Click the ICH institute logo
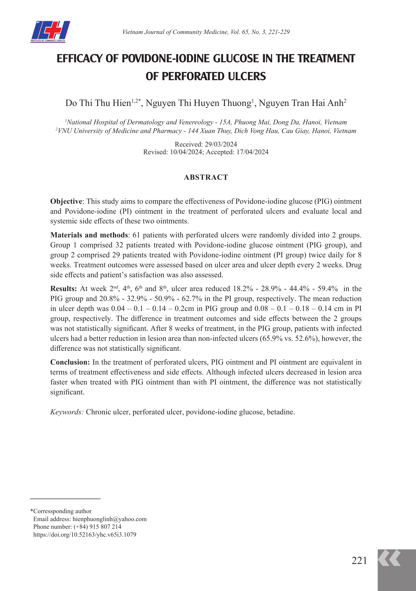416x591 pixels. coord(50,31)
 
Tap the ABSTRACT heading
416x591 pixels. coord(206,177)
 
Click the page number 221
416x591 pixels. coord(359,561)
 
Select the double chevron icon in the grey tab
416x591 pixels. coord(389,558)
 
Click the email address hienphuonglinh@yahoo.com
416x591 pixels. coord(109,519)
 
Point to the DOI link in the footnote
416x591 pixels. coord(85,535)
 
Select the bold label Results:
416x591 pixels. coord(64,288)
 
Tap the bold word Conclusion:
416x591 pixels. coord(70,362)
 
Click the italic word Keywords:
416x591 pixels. coord(67,412)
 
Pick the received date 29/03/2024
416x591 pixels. coord(221,144)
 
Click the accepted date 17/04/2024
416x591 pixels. coord(252,152)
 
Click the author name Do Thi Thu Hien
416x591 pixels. coord(98,103)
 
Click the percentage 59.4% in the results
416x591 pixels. coord(327,288)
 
